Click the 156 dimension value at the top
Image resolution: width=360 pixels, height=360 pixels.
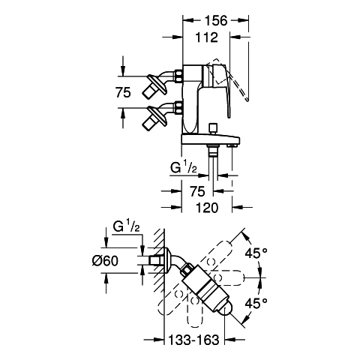pyautogui.click(x=216, y=20)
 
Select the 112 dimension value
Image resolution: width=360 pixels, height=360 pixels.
pyautogui.click(x=206, y=37)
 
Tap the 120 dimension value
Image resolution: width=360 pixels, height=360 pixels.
pyautogui.click(x=207, y=208)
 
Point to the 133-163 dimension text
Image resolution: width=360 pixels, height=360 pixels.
pyautogui.click(x=193, y=340)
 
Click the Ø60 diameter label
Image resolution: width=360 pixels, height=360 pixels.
pyautogui.click(x=105, y=261)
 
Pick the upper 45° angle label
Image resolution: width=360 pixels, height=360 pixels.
pyautogui.click(x=256, y=253)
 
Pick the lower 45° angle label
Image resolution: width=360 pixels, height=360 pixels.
pyautogui.click(x=256, y=304)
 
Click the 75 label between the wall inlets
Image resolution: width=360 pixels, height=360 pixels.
pyautogui.click(x=123, y=92)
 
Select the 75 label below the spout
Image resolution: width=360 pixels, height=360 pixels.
pyautogui.click(x=197, y=191)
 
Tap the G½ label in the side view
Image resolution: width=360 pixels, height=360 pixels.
pyautogui.click(x=184, y=167)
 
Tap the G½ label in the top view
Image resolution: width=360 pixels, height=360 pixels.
pyautogui.click(x=126, y=226)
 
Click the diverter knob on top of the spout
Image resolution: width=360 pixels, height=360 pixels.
pyautogui.click(x=213, y=129)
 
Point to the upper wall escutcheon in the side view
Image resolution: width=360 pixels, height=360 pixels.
pyautogui.click(x=157, y=83)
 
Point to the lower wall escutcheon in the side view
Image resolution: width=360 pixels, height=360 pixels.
pyautogui.click(x=157, y=115)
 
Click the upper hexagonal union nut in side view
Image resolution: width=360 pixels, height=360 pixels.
pyautogui.click(x=178, y=76)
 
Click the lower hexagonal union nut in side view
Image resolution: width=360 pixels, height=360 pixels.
pyautogui.click(x=178, y=107)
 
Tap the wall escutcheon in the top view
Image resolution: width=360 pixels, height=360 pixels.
pyautogui.click(x=167, y=260)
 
